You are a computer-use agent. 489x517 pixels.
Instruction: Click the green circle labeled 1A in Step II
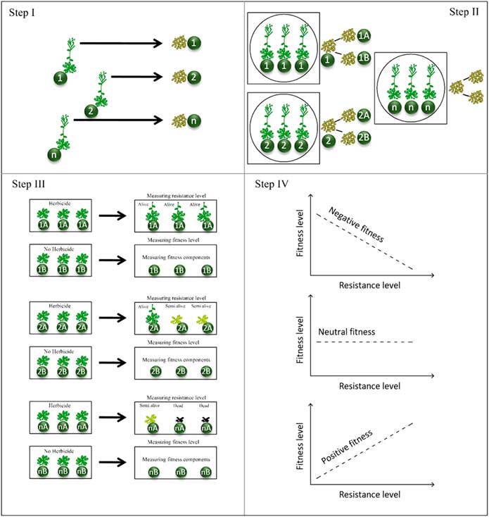(364, 36)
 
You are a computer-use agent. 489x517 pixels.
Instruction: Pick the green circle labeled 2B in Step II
(364, 136)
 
